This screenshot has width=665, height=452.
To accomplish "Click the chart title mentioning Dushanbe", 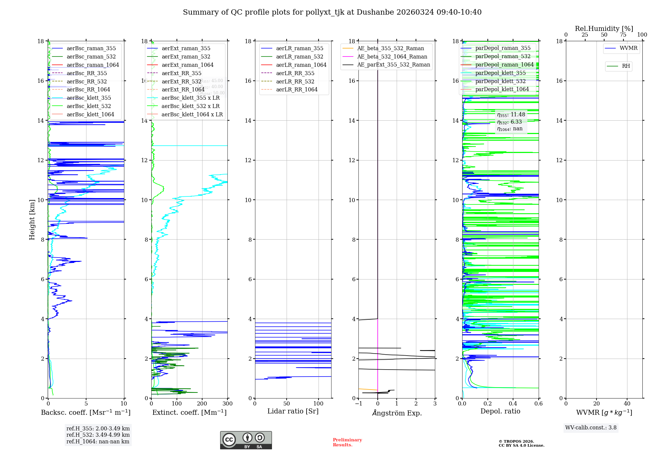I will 332,12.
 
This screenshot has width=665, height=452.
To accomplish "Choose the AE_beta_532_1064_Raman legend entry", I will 392,56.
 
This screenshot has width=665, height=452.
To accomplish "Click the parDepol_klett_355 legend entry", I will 500,73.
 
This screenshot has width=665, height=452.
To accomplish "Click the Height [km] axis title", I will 32,220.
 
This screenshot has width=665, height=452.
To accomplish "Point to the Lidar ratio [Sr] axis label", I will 293,411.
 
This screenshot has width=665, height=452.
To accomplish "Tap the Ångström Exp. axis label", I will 397,413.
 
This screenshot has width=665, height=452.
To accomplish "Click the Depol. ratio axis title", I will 500,411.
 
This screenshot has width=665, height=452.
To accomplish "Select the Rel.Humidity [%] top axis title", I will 604,29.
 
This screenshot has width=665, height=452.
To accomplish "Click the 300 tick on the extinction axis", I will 228,404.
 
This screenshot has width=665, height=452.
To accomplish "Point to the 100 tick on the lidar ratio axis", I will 319,404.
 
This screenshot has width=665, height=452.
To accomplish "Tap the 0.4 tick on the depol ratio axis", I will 513,404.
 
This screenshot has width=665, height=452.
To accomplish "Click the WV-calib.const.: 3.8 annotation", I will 591,428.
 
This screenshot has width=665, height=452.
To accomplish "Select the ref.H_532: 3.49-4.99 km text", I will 98,435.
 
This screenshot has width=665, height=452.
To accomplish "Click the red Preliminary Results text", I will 347,442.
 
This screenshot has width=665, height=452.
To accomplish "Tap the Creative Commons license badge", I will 246,440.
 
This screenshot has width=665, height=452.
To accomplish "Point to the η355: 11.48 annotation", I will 511,115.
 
